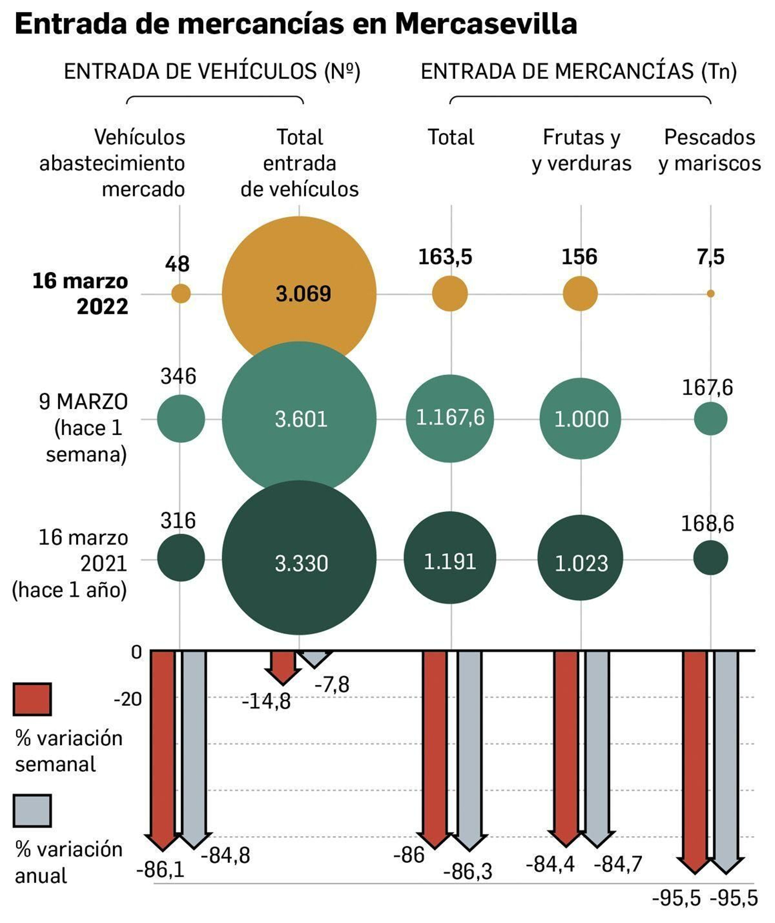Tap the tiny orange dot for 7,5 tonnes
710,293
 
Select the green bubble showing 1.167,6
450,418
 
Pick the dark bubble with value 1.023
580,557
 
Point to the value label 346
178,376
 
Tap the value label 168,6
707,524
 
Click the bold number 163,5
445,256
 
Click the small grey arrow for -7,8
315,658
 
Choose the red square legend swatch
32,699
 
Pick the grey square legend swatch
32,811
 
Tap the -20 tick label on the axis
128,699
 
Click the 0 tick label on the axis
136,652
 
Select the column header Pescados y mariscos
710,150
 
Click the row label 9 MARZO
83,401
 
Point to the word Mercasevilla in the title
486,23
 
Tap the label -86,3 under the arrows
467,872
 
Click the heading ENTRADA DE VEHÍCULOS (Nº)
212,72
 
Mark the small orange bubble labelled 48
181,293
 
